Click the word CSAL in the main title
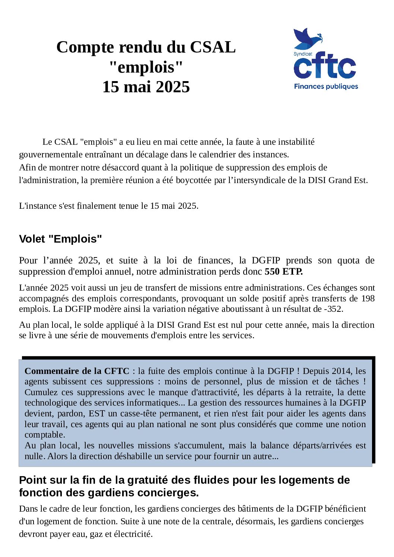pos(213,47)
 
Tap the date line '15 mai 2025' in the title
pos(146,87)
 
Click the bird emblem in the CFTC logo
pos(307,39)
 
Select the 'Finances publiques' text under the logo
pos(326,86)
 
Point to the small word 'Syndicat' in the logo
pos(303,54)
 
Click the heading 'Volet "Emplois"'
pos(60,239)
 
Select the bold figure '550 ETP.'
pos(284,272)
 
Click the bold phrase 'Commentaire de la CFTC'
pos(77,371)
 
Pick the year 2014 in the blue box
pos(342,371)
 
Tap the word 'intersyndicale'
pos(257,180)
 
